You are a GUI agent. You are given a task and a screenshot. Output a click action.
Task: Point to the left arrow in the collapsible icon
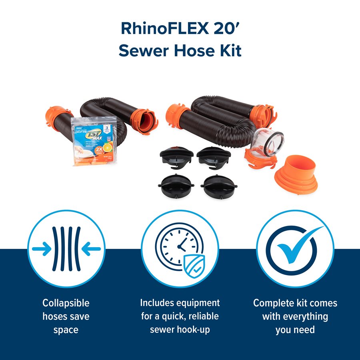[42, 249]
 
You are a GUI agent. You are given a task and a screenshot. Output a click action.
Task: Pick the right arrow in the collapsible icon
[91, 249]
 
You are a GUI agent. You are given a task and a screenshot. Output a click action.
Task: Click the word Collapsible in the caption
[66, 303]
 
